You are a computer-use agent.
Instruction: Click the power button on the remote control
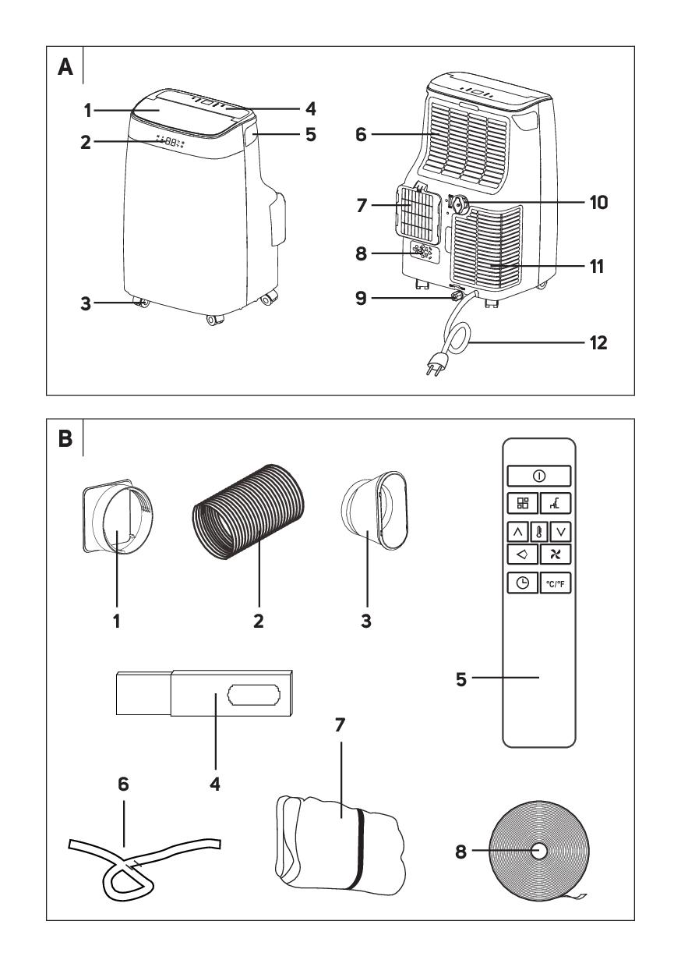[x=538, y=475]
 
